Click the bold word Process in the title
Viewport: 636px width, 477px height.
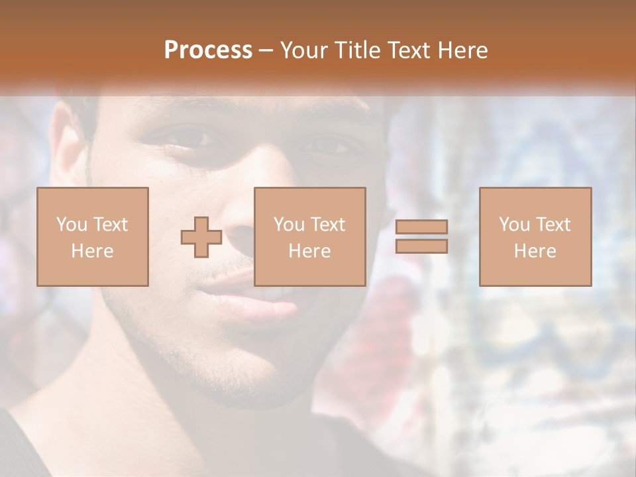208,50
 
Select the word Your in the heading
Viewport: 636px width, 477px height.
305,50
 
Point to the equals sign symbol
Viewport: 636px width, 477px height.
421,237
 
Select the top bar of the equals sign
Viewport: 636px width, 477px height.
421,227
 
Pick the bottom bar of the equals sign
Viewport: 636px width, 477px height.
421,246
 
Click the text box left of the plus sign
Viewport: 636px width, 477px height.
93,237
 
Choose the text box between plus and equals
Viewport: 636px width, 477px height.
310,237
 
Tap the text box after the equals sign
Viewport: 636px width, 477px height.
535,237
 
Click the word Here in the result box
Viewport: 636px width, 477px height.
535,251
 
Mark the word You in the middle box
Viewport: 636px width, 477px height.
289,225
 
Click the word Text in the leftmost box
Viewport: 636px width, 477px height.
110,225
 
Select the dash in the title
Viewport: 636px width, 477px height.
266,50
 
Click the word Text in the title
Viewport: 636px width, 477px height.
406,50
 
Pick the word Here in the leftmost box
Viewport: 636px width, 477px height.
93,251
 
